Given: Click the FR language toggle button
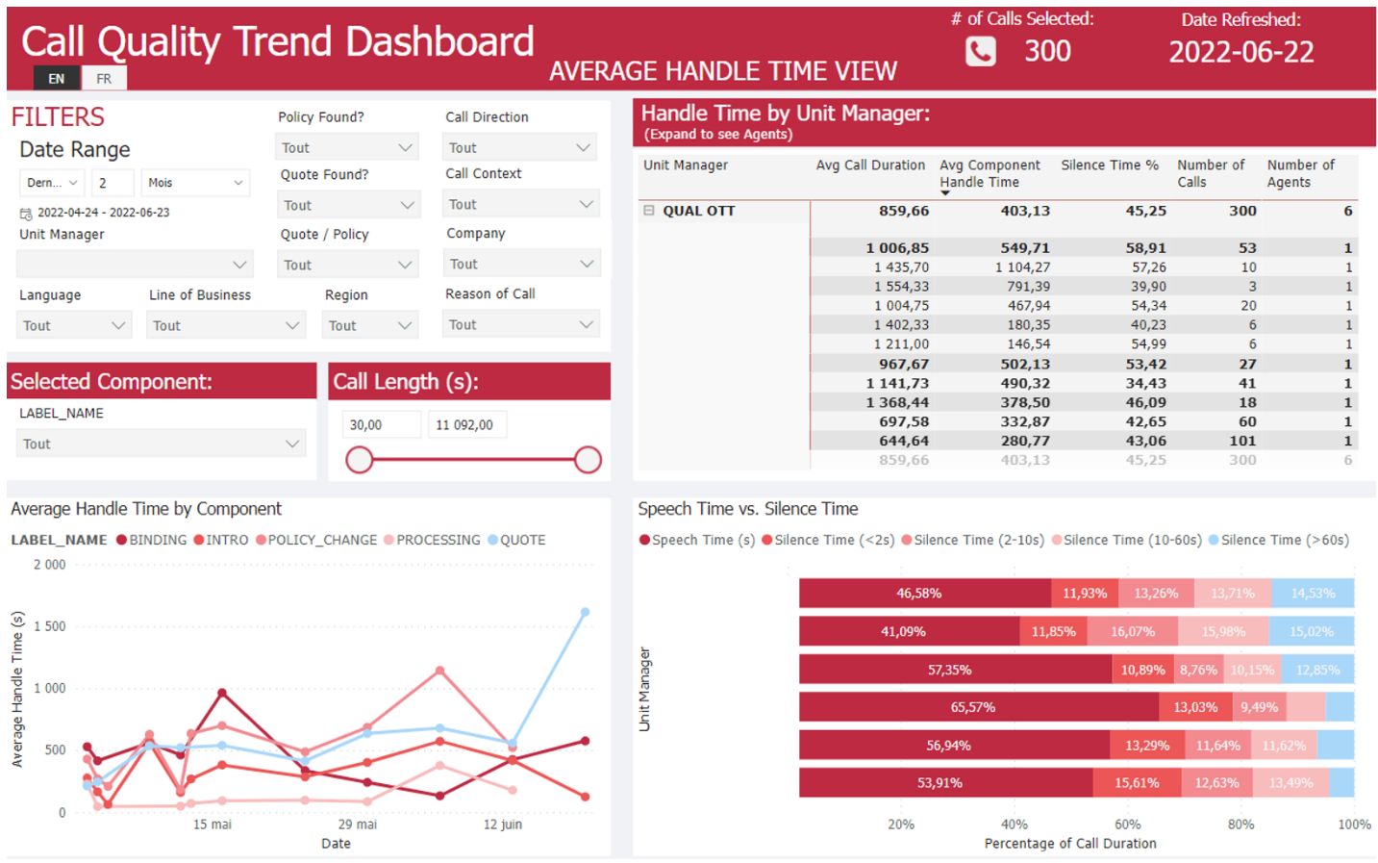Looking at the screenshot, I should pyautogui.click(x=104, y=79).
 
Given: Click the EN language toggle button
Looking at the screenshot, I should pyautogui.click(x=57, y=79).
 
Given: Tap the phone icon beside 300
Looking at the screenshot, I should pyautogui.click(x=980, y=51).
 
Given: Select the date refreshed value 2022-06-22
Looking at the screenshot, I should pyautogui.click(x=1240, y=52).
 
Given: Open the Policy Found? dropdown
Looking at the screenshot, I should pyautogui.click(x=346, y=147).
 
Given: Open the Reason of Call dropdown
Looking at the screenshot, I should pyautogui.click(x=520, y=325).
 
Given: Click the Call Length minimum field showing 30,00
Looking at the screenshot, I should pyautogui.click(x=381, y=424).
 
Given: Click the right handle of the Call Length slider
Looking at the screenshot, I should pyautogui.click(x=588, y=460).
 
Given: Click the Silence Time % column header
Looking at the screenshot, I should pyautogui.click(x=1109, y=165).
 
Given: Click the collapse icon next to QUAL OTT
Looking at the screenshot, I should pyautogui.click(x=649, y=211).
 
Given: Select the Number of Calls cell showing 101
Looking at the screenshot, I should pyautogui.click(x=1241, y=441).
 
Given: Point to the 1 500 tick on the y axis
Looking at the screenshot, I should pyautogui.click(x=50, y=626).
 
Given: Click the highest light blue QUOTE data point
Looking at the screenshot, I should pyautogui.click(x=585, y=612).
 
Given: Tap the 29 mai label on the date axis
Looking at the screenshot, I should pyautogui.click(x=357, y=825).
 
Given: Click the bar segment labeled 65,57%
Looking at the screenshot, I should pyautogui.click(x=973, y=707).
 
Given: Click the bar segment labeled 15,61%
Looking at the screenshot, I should pyautogui.click(x=1136, y=783).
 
